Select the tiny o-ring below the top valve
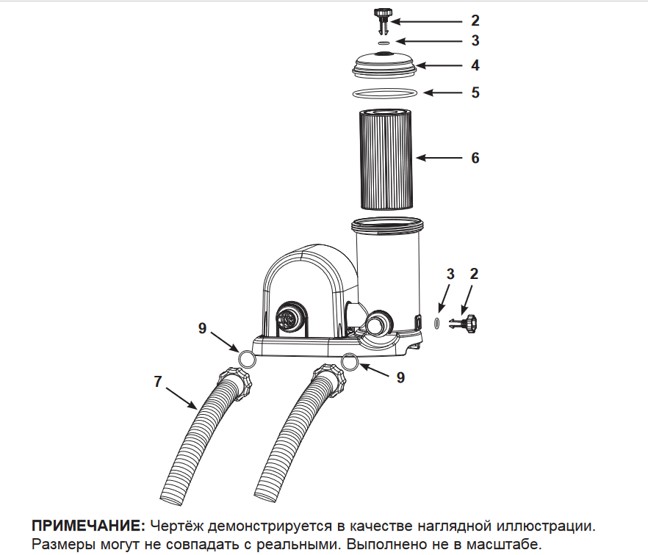382,43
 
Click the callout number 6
475,158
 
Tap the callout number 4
475,65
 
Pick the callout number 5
475,92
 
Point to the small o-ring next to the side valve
436,322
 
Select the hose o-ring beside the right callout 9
350,362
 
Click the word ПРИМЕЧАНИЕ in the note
87,526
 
